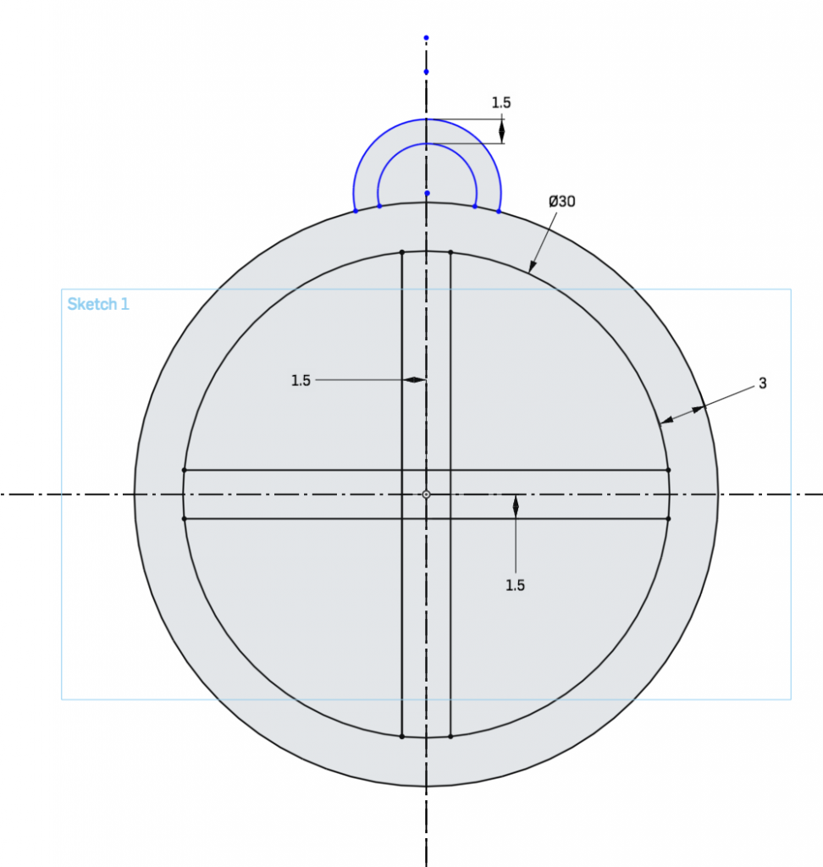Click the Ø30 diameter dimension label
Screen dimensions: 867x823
[562, 202]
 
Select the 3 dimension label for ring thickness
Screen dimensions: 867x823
[762, 384]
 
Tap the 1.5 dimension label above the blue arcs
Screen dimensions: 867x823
[501, 102]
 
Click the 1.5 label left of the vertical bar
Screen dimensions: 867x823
[301, 381]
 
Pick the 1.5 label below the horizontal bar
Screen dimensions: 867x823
[515, 585]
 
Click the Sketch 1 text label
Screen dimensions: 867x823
[98, 304]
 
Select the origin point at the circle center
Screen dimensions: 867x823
[426, 494]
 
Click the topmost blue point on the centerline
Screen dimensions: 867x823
[426, 37]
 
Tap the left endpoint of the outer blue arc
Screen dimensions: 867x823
[355, 211]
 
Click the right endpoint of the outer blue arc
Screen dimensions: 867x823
[499, 211]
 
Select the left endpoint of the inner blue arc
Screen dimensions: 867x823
[379, 206]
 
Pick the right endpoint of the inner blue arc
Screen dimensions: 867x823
[475, 206]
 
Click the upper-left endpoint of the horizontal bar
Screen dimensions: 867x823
[185, 469]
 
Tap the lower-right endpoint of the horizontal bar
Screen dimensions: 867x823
[668, 518]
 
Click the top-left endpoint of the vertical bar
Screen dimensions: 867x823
[401, 251]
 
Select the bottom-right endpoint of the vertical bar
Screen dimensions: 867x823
[450, 737]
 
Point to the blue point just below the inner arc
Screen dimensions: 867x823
[427, 193]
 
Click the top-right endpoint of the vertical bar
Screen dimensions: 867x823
[450, 251]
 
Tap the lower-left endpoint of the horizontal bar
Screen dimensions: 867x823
[185, 518]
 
